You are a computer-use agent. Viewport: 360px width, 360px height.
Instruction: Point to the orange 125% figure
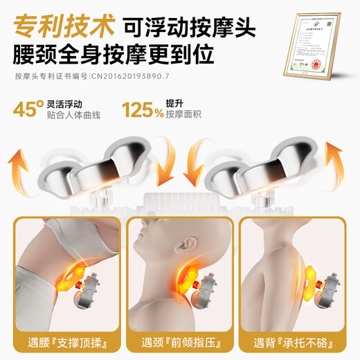148,109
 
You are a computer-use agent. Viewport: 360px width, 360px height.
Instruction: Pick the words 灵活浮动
68,103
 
